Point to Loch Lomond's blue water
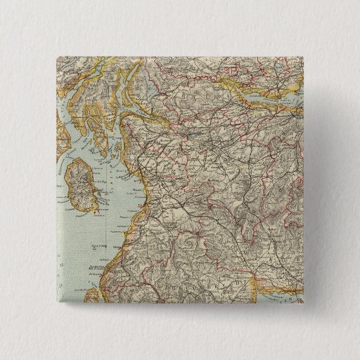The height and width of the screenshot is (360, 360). point(149,84)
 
